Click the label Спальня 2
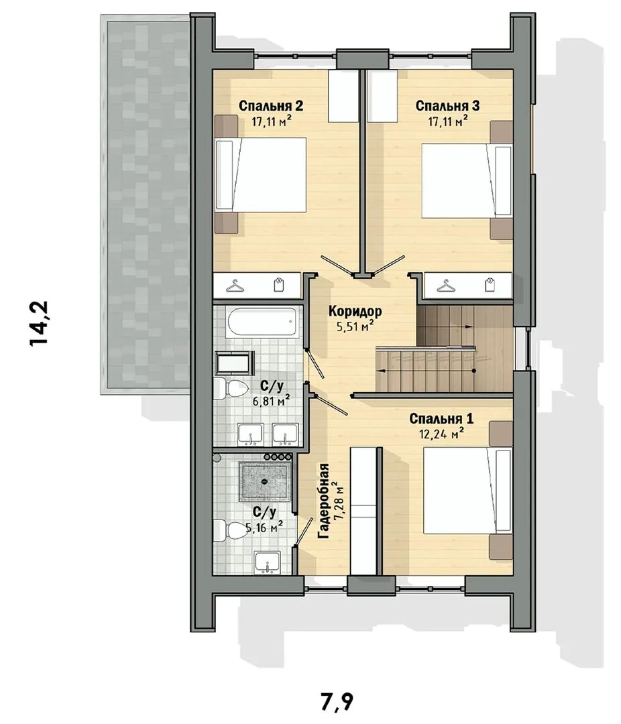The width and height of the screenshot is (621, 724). (271, 106)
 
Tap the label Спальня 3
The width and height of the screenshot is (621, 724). (447, 106)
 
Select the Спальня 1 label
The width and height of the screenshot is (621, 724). (441, 419)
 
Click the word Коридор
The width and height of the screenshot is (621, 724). (355, 311)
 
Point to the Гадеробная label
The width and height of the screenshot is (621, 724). (324, 501)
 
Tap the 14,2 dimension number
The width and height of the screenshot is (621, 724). (38, 324)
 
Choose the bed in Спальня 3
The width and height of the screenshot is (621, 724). (467, 180)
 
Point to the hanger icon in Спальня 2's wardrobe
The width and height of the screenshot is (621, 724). (235, 286)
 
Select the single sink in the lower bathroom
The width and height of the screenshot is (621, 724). (268, 562)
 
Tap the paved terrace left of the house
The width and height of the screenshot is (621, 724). (146, 203)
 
